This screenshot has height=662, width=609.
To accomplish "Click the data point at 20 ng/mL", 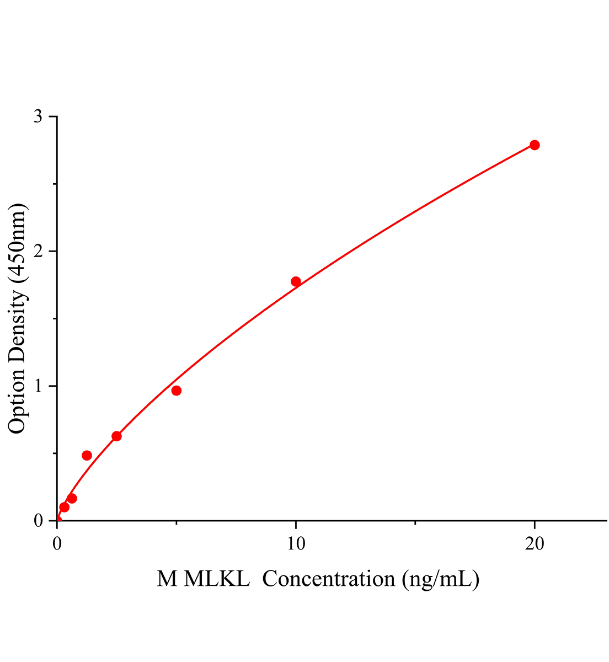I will click(x=534, y=145).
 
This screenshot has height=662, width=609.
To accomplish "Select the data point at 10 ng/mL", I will click(x=296, y=281).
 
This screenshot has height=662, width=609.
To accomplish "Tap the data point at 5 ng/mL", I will click(x=177, y=391).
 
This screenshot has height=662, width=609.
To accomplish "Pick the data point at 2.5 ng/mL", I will click(x=116, y=436).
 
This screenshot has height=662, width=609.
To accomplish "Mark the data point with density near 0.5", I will click(x=87, y=455).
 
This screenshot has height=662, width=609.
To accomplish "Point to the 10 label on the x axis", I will click(x=296, y=544).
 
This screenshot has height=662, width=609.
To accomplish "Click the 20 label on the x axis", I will click(x=534, y=544).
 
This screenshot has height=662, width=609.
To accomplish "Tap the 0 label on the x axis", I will click(x=57, y=544).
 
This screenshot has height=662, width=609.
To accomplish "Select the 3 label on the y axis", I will click(x=38, y=117).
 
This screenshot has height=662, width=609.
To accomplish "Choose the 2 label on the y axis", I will click(x=38, y=252).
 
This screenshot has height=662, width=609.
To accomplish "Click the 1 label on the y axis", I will click(x=38, y=386).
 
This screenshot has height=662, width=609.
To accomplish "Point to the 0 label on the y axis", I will click(x=38, y=521).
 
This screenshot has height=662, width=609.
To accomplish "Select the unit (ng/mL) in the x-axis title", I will click(x=440, y=579).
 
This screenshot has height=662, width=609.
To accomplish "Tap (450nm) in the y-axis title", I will click(x=17, y=243).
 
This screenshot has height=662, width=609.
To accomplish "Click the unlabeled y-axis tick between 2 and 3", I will click(x=54, y=184).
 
